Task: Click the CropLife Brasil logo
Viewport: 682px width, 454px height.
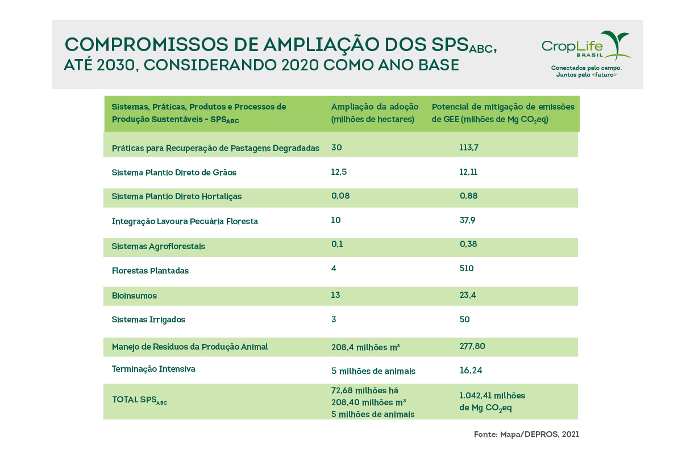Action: coord(585,46)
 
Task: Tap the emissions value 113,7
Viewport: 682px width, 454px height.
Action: coord(469,148)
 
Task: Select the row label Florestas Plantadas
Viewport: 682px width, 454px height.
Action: coord(150,271)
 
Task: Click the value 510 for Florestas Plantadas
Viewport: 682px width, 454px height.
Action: coord(467,268)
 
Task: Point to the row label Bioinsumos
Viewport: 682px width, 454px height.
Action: coord(134,296)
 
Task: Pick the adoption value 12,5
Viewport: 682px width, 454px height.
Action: coord(339,172)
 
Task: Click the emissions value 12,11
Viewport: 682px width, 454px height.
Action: coord(469,172)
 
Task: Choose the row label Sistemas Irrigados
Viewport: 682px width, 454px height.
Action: coord(148,320)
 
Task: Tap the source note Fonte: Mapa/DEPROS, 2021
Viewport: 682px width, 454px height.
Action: coord(526,434)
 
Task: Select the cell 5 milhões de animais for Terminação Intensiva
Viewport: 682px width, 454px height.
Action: coord(373,371)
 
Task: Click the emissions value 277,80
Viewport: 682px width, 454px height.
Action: coord(472,346)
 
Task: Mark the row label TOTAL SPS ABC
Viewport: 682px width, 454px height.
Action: coord(139,400)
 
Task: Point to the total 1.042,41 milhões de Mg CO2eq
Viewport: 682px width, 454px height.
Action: coord(492,401)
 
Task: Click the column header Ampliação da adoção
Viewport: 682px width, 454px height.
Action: coord(375,107)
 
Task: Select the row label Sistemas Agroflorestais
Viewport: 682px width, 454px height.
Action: coord(158,246)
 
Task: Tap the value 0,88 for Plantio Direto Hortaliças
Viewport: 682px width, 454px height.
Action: coord(468,196)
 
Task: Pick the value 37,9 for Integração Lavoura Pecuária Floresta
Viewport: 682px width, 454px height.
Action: coord(467,220)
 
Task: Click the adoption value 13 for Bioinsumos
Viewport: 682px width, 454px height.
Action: coord(335,295)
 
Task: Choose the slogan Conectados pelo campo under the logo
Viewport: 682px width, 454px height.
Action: coord(586,68)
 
